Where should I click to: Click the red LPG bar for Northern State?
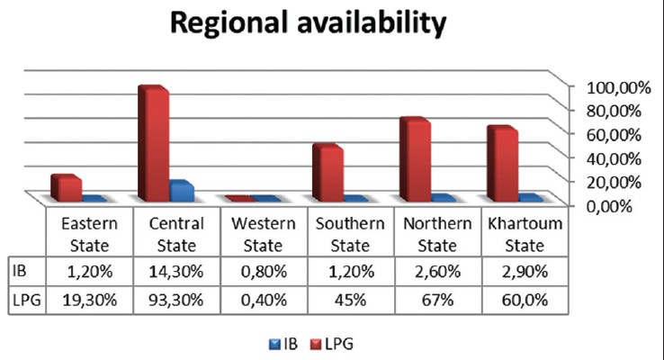click(x=414, y=159)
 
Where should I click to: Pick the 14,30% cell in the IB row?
click(x=174, y=269)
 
